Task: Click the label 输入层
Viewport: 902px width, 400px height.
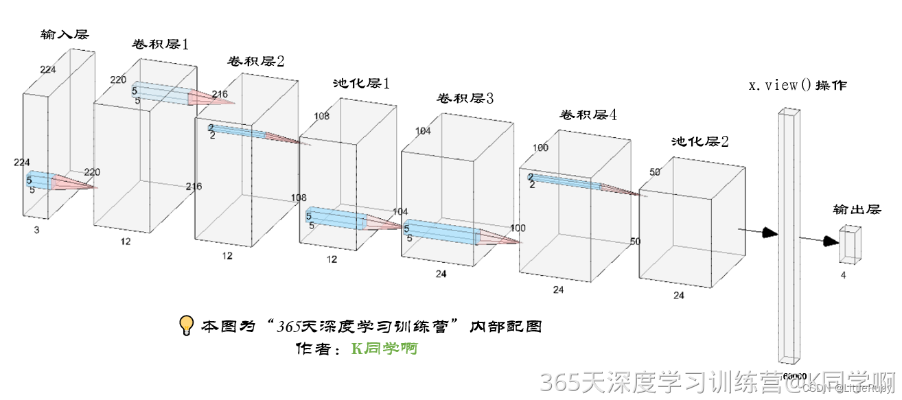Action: coord(65,34)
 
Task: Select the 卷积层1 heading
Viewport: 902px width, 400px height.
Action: coord(160,45)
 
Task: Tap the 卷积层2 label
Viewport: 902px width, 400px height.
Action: coord(256,61)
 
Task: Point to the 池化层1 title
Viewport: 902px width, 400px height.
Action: coord(361,84)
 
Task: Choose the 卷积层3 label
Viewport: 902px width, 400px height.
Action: coord(465,98)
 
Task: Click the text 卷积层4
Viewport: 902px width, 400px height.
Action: coord(588,115)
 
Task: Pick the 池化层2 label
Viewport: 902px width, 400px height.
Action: coord(700,142)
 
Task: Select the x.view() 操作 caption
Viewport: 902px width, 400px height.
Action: coord(797,86)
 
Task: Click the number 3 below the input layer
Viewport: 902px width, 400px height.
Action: coord(36,231)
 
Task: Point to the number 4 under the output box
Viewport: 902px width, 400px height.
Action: coord(843,275)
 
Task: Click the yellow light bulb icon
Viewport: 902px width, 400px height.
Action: coord(186,326)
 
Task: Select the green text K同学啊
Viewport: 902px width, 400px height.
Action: coord(384,349)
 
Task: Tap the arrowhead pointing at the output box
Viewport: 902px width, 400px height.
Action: coord(831,241)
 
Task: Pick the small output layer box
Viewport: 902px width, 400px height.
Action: coord(850,245)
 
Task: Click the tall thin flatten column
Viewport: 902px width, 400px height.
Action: coord(789,233)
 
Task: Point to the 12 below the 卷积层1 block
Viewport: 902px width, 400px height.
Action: coord(126,241)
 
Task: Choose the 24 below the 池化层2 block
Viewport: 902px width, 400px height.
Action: coord(678,296)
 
